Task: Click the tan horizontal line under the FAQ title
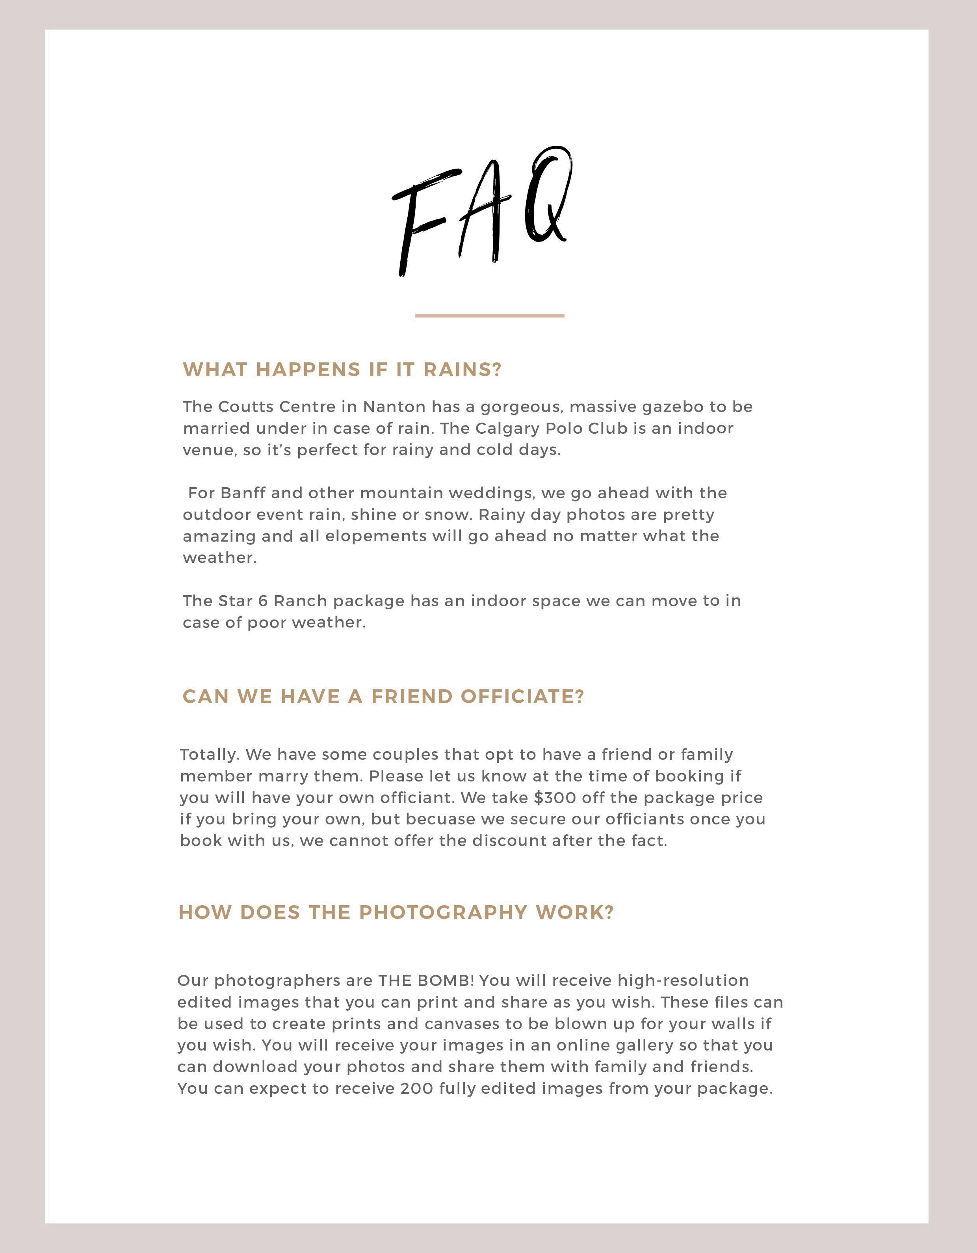point(489,316)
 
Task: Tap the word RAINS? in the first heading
point(462,370)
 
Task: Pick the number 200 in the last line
point(417,1088)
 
